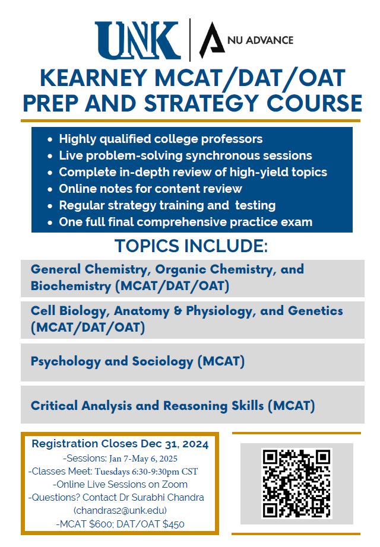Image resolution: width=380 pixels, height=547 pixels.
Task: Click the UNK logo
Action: [138, 40]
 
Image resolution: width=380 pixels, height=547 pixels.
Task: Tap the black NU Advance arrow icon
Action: [211, 40]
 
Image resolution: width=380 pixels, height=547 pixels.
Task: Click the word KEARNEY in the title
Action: [94, 78]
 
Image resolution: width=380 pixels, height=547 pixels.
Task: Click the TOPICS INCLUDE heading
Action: [191, 246]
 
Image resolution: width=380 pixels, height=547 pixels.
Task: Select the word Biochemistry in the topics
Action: [71, 286]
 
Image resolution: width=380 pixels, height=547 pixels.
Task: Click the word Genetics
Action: [315, 310]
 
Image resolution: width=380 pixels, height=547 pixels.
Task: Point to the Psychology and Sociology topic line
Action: [138, 361]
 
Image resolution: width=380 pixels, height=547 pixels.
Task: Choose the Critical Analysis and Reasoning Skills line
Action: [173, 406]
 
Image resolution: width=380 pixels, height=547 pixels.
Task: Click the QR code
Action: [296, 484]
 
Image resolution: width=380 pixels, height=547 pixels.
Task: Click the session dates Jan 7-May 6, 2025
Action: [143, 459]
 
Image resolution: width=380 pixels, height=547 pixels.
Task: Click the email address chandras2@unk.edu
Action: [120, 510]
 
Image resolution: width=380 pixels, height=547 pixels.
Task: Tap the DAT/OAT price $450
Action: [173, 524]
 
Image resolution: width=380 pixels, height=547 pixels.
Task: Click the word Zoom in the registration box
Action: [175, 485]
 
